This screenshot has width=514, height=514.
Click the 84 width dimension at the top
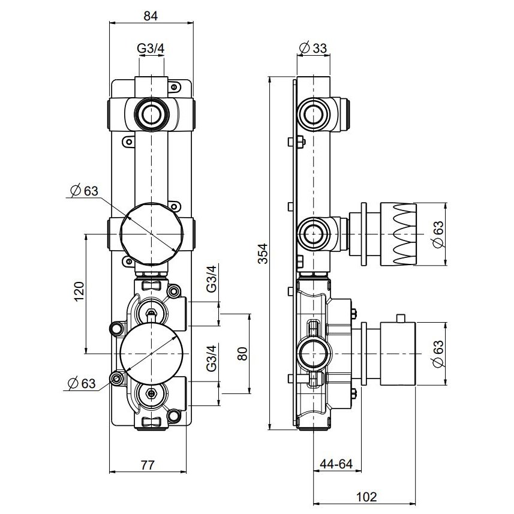tap(151, 16)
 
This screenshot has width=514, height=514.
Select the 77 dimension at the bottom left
tap(148, 464)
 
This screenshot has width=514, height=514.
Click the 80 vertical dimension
tap(242, 353)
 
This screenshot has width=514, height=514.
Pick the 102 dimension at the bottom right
tap(366, 496)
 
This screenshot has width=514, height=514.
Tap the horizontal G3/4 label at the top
tap(151, 49)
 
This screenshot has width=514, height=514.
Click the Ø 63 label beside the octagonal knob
tap(83, 191)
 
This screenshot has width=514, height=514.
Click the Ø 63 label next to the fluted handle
tap(438, 234)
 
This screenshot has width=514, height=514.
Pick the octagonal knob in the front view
tap(151, 233)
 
